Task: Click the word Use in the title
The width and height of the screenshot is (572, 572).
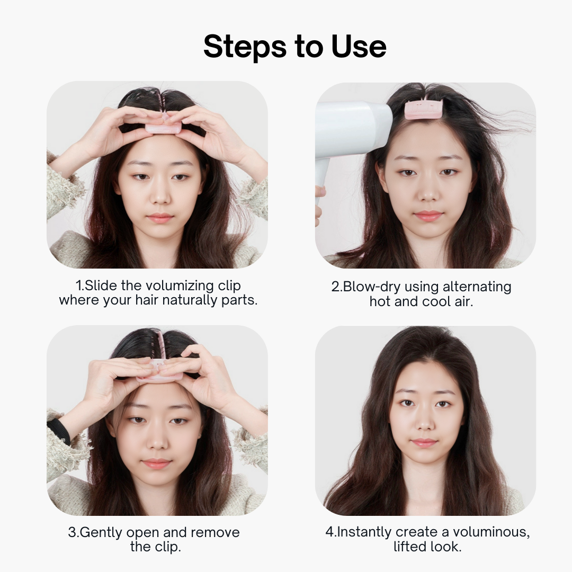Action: coord(359,46)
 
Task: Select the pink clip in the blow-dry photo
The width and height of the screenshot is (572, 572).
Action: coord(421,110)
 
